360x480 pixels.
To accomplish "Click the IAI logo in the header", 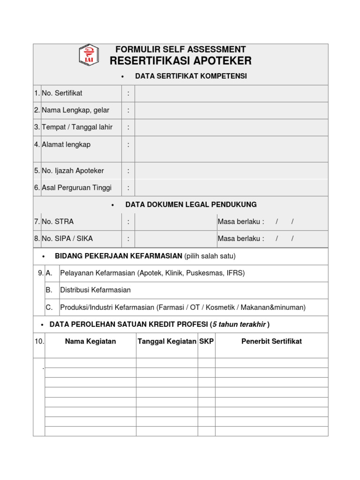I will [x=89, y=54].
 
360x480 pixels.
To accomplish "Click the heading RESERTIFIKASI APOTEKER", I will [x=180, y=61].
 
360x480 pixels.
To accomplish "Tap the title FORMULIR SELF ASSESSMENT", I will [x=180, y=49].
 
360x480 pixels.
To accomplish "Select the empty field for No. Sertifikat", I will [x=231, y=93].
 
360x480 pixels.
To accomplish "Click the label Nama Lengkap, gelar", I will [x=75, y=110].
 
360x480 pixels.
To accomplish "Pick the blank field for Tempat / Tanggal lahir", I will [x=231, y=127].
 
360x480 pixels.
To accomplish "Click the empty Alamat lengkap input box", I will [x=231, y=149].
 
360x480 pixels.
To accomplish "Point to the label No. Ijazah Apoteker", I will [x=73, y=171].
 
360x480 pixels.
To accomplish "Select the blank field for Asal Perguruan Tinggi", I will [x=231, y=187].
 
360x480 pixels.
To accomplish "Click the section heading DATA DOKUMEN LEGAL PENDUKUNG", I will [x=191, y=204].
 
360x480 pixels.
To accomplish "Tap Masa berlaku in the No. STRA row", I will [x=240, y=221].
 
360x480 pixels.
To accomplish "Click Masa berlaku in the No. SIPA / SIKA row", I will [x=240, y=238].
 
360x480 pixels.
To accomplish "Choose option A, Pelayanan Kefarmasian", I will [x=152, y=273].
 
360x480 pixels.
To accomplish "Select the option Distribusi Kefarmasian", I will [x=96, y=290].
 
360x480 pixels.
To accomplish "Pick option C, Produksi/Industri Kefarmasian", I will [x=183, y=307].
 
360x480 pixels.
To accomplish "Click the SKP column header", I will [x=206, y=341].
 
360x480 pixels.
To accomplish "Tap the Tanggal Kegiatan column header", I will [x=167, y=341].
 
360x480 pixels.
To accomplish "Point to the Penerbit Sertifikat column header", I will [x=271, y=341].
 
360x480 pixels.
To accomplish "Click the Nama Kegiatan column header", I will [x=90, y=341].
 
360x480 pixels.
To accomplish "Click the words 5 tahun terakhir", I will [x=239, y=324].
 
